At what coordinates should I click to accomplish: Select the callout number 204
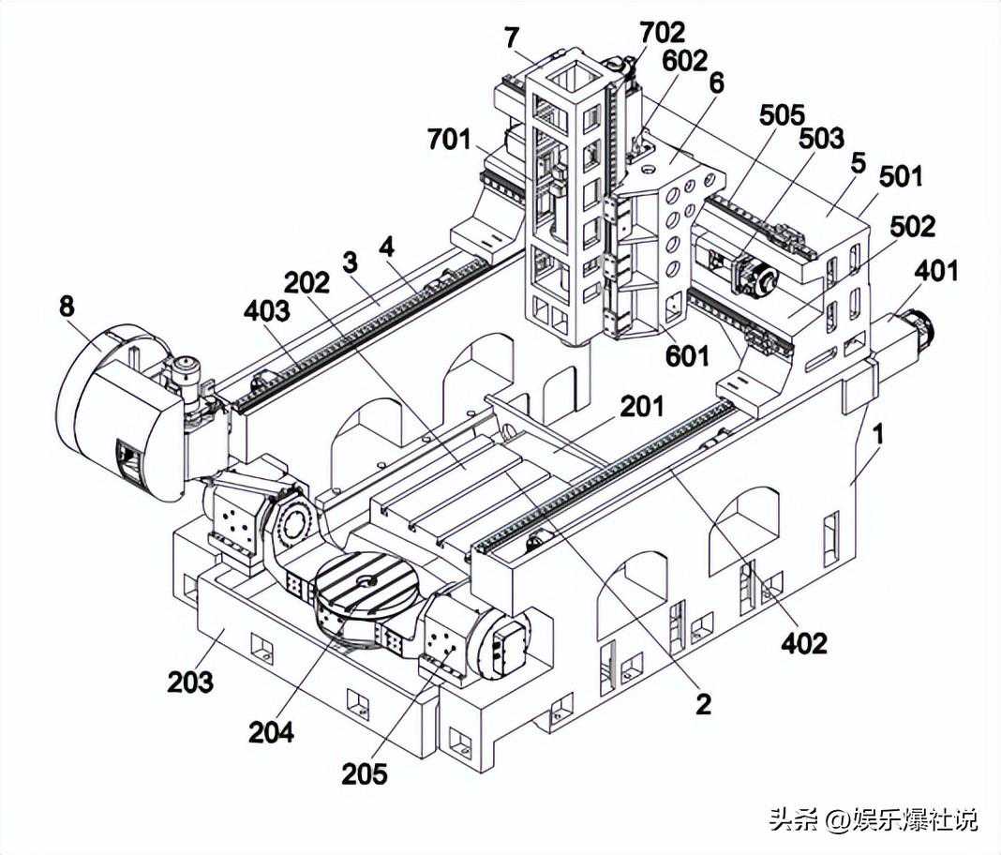[271, 731]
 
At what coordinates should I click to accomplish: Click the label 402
[805, 642]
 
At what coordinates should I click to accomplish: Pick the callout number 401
[936, 271]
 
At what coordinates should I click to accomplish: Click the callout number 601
[689, 356]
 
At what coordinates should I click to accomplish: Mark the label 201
[641, 407]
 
